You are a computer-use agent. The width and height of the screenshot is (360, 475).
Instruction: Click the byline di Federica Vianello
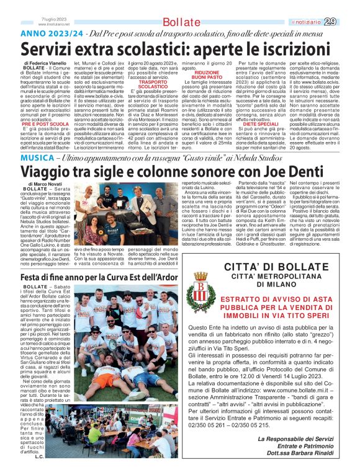pyautogui.click(x=45, y=63)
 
